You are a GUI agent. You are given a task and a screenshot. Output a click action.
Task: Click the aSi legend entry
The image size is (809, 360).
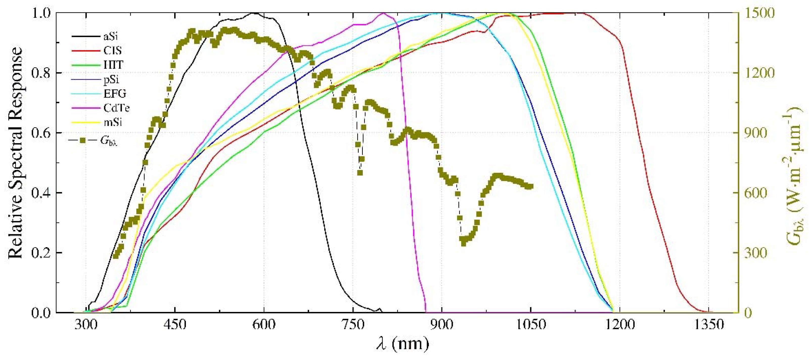point(110,36)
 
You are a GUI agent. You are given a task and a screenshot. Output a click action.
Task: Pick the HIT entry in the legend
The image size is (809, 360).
point(113,65)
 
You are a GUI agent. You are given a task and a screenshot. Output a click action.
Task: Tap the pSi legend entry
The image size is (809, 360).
point(111,79)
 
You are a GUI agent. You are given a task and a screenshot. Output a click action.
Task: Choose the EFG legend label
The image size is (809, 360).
point(115,94)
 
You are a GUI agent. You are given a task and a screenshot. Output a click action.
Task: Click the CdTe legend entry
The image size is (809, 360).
point(116,108)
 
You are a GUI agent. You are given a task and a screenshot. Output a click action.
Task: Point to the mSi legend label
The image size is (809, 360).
point(113,122)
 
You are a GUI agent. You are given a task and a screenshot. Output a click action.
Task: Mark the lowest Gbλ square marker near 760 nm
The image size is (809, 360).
point(360,173)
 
